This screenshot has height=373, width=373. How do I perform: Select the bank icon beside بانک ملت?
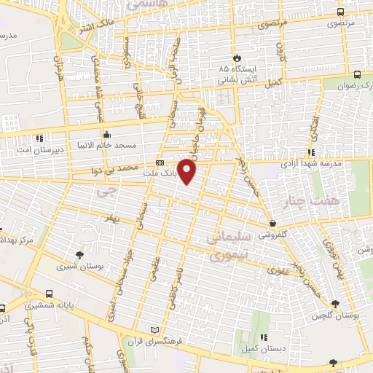pos(160,162)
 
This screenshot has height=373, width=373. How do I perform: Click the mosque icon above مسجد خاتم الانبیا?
pos(107,134)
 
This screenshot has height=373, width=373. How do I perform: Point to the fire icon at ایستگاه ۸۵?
pos(237,58)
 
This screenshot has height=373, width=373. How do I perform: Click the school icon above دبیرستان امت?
pos(39,137)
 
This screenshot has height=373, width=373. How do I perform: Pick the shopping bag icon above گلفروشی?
pos(272,224)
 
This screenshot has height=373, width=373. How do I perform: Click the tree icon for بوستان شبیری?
pos(79,254)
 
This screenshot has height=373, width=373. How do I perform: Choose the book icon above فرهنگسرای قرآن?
pos(153,330)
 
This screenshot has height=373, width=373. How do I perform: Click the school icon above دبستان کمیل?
pos(264,337)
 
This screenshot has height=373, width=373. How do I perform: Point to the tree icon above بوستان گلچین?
pos(334,303)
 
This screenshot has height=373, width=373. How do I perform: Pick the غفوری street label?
pos(278,271)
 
